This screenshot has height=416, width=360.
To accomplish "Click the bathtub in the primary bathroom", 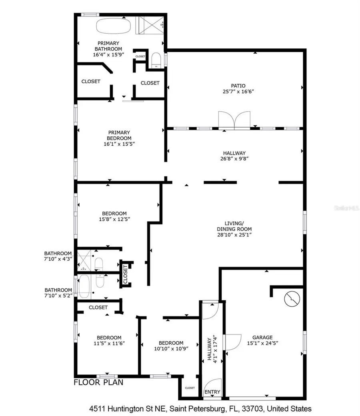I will [114, 26].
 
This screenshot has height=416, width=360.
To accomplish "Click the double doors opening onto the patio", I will [234, 120].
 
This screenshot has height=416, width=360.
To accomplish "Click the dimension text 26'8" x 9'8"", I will [234, 158].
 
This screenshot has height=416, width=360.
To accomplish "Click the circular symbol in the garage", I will [291, 299].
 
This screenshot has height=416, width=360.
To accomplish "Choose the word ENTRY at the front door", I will [212, 392].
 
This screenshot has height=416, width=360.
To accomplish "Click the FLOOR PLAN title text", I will [98, 382].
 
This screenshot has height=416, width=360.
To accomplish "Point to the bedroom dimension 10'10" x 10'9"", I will [171, 348].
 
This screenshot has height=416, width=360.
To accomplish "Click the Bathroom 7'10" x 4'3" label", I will [58, 256].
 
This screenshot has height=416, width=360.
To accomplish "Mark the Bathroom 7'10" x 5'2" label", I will [58, 293].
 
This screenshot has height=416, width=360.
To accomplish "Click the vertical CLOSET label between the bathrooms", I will [125, 274].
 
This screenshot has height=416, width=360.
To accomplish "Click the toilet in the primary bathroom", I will [156, 61].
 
